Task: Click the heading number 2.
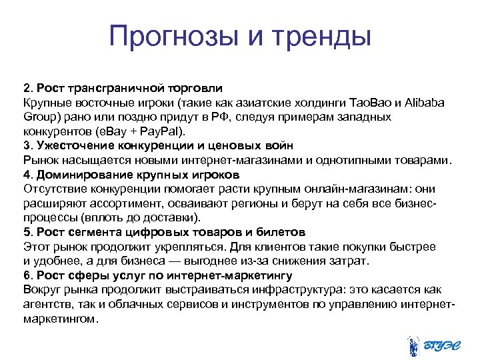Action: (27, 88)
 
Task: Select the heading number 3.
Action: (27, 145)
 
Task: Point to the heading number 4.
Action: (27, 174)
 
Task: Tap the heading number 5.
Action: (27, 231)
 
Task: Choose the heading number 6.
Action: (27, 275)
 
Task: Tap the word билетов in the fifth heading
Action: (282, 231)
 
